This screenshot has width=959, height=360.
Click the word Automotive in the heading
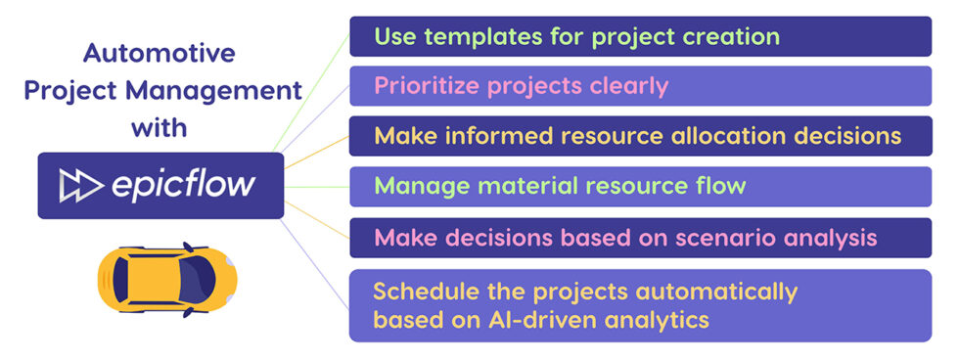[x=159, y=53]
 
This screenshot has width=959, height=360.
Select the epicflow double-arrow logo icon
[x=80, y=185]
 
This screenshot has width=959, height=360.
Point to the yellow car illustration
[x=167, y=280]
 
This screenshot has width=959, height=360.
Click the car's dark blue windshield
[x=198, y=280]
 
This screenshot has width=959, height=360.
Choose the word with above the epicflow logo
[x=159, y=129]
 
